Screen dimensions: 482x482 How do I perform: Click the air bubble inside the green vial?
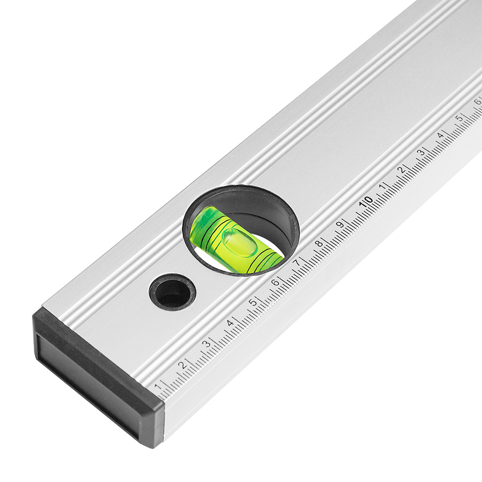pyautogui.click(x=240, y=242)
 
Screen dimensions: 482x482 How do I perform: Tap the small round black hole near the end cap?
pyautogui.click(x=173, y=292)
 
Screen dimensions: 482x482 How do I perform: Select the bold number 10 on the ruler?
pyautogui.click(x=366, y=201)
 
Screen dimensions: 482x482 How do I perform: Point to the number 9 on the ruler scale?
pyautogui.click(x=340, y=224)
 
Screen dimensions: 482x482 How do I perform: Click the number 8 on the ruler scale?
pyautogui.click(x=320, y=243)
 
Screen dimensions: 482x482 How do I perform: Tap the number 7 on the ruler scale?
pyautogui.click(x=297, y=263)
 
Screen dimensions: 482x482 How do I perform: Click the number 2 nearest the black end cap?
pyautogui.click(x=183, y=365)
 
